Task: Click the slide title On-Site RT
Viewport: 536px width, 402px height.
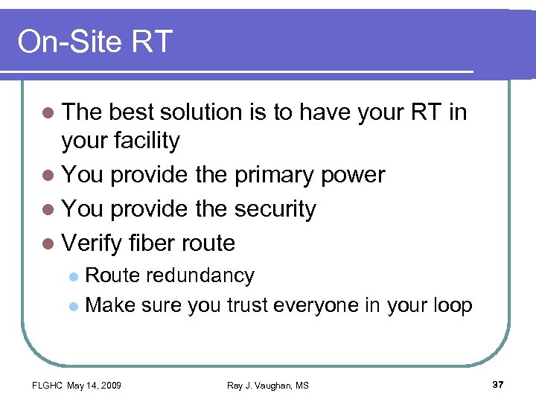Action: [95, 42]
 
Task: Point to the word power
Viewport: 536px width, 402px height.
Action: [354, 175]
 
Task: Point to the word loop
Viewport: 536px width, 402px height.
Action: [451, 305]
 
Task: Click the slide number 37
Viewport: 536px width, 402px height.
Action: [499, 384]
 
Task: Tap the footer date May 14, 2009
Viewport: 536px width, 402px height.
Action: [95, 385]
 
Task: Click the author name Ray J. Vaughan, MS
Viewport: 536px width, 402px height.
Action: [268, 385]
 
